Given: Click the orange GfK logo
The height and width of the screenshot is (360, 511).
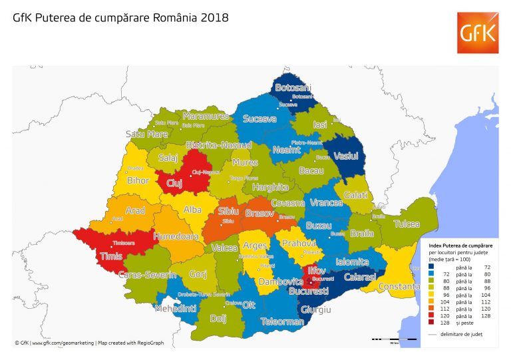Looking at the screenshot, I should (476, 33).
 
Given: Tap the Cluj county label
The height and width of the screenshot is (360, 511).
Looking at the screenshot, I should (174, 183).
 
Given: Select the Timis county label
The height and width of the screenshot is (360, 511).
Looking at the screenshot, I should (110, 256).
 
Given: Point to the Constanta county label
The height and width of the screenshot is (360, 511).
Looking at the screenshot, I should (399, 287).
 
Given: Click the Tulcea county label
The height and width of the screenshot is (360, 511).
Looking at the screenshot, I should (407, 224).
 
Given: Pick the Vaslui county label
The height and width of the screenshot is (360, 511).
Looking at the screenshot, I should (346, 156).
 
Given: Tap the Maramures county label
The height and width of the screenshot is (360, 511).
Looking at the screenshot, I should (206, 116).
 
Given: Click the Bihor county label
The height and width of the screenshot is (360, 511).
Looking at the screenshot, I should (138, 180).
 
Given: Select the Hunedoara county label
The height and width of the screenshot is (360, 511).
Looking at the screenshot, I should (176, 236).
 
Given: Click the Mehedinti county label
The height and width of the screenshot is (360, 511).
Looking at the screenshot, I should (176, 309).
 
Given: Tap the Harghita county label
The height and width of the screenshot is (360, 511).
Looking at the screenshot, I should (271, 188).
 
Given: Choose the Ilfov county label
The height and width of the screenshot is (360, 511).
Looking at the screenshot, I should (317, 270).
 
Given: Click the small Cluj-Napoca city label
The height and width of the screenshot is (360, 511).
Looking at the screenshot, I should (206, 172).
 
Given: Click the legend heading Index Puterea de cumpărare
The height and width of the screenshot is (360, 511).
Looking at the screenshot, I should (460, 246).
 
